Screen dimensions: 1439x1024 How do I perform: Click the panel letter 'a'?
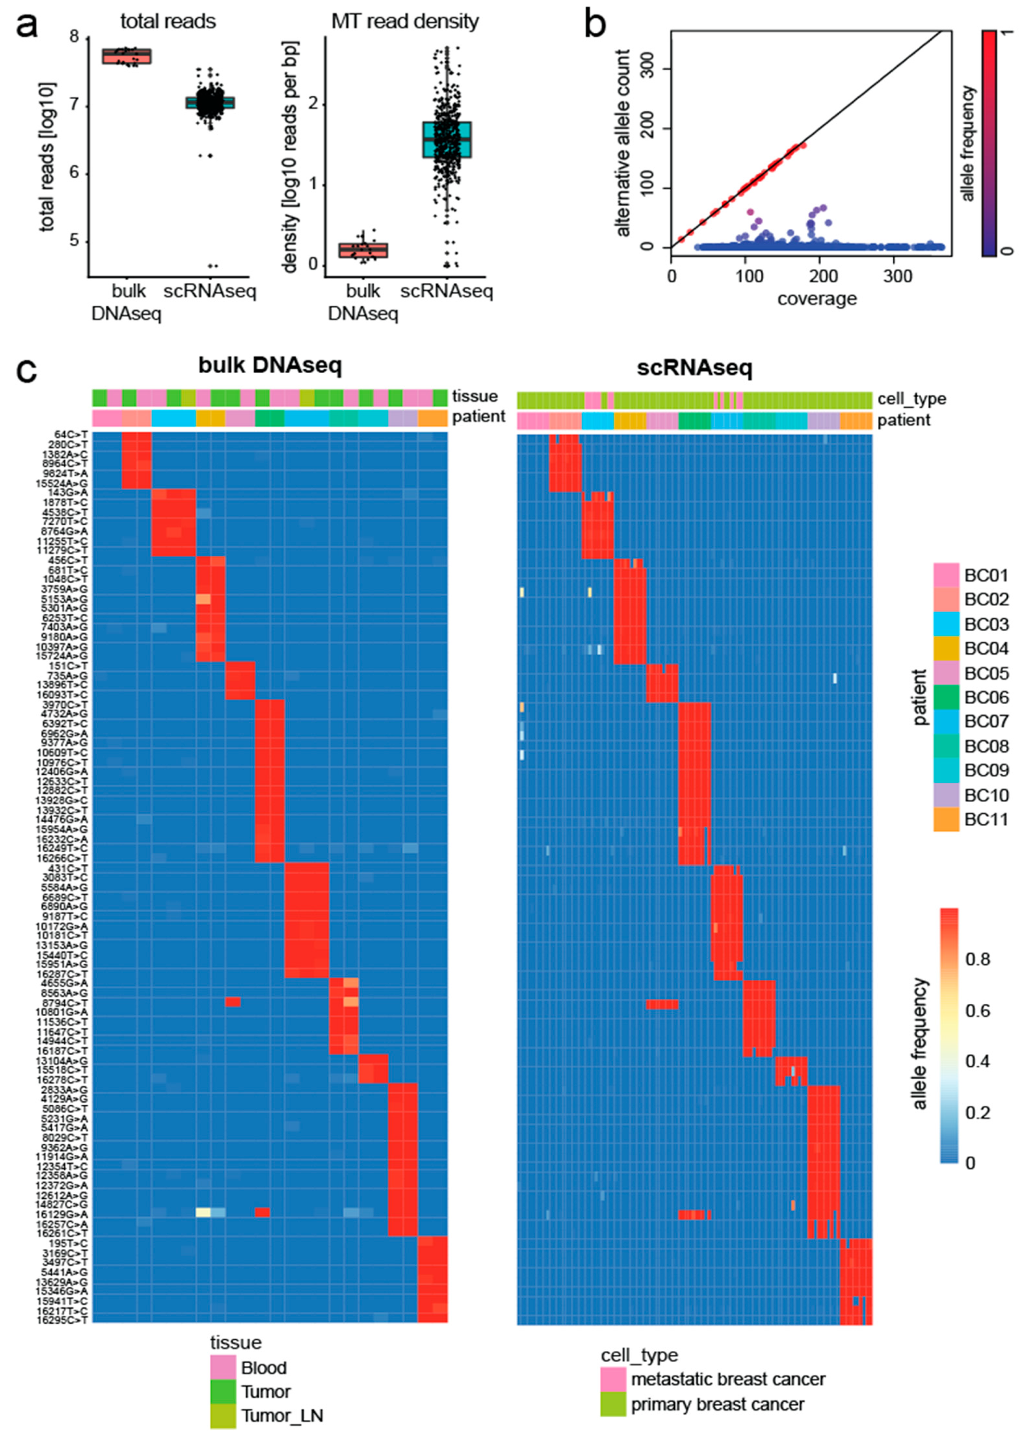[x=26, y=26]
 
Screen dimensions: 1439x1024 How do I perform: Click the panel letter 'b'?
[x=595, y=25]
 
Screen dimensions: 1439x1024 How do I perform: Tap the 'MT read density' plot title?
[x=405, y=22]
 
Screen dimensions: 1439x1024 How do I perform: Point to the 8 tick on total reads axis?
[x=76, y=37]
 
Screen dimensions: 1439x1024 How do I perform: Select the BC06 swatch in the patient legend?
[x=946, y=697]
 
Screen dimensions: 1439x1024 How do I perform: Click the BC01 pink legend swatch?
[x=946, y=575]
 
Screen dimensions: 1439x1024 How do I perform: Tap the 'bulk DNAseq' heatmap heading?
[x=270, y=366]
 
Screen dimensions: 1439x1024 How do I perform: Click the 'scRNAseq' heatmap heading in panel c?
[x=694, y=368]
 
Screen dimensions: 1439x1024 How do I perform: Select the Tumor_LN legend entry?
[x=281, y=1416]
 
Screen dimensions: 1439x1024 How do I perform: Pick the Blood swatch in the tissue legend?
[x=223, y=1368]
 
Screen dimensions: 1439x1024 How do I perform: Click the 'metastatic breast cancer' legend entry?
[x=728, y=1379]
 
